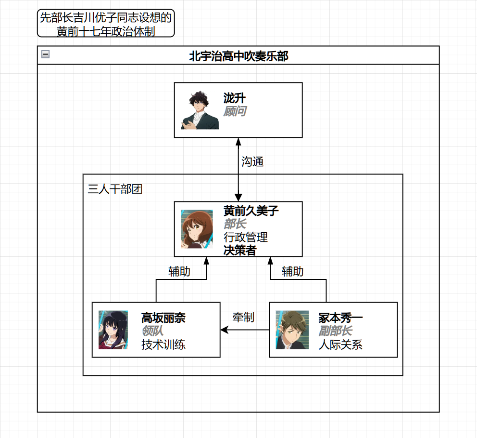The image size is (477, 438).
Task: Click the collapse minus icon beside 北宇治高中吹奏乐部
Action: tap(46, 54)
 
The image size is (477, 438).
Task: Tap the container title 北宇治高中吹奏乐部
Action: tap(238, 56)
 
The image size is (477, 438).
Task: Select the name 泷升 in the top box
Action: tap(235, 98)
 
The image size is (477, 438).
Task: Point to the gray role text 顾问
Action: tap(235, 111)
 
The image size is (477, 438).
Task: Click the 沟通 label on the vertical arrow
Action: tap(252, 161)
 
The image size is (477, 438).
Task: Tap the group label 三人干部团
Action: tap(115, 189)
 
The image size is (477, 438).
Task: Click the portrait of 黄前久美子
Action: tap(197, 229)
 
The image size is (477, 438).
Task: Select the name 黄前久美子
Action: tap(251, 211)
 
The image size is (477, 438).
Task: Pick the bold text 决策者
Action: tap(240, 251)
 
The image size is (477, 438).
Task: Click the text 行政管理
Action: tap(246, 238)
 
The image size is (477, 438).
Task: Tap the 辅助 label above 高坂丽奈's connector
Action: tap(179, 271)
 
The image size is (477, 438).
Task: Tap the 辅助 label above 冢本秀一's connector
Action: tap(292, 271)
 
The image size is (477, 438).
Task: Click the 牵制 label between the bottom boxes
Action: tap(243, 317)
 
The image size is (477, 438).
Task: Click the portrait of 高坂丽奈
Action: tap(113, 330)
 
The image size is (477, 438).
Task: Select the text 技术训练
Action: tap(163, 345)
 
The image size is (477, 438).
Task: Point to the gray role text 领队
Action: tap(152, 331)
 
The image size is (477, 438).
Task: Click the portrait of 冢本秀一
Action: tap(292, 330)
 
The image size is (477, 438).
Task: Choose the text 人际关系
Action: tap(340, 345)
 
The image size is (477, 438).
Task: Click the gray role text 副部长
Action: tap(335, 331)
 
